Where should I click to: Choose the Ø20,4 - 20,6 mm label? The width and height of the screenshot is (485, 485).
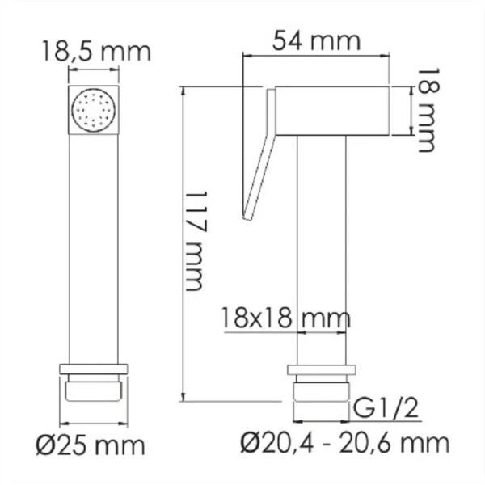click(x=345, y=442)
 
